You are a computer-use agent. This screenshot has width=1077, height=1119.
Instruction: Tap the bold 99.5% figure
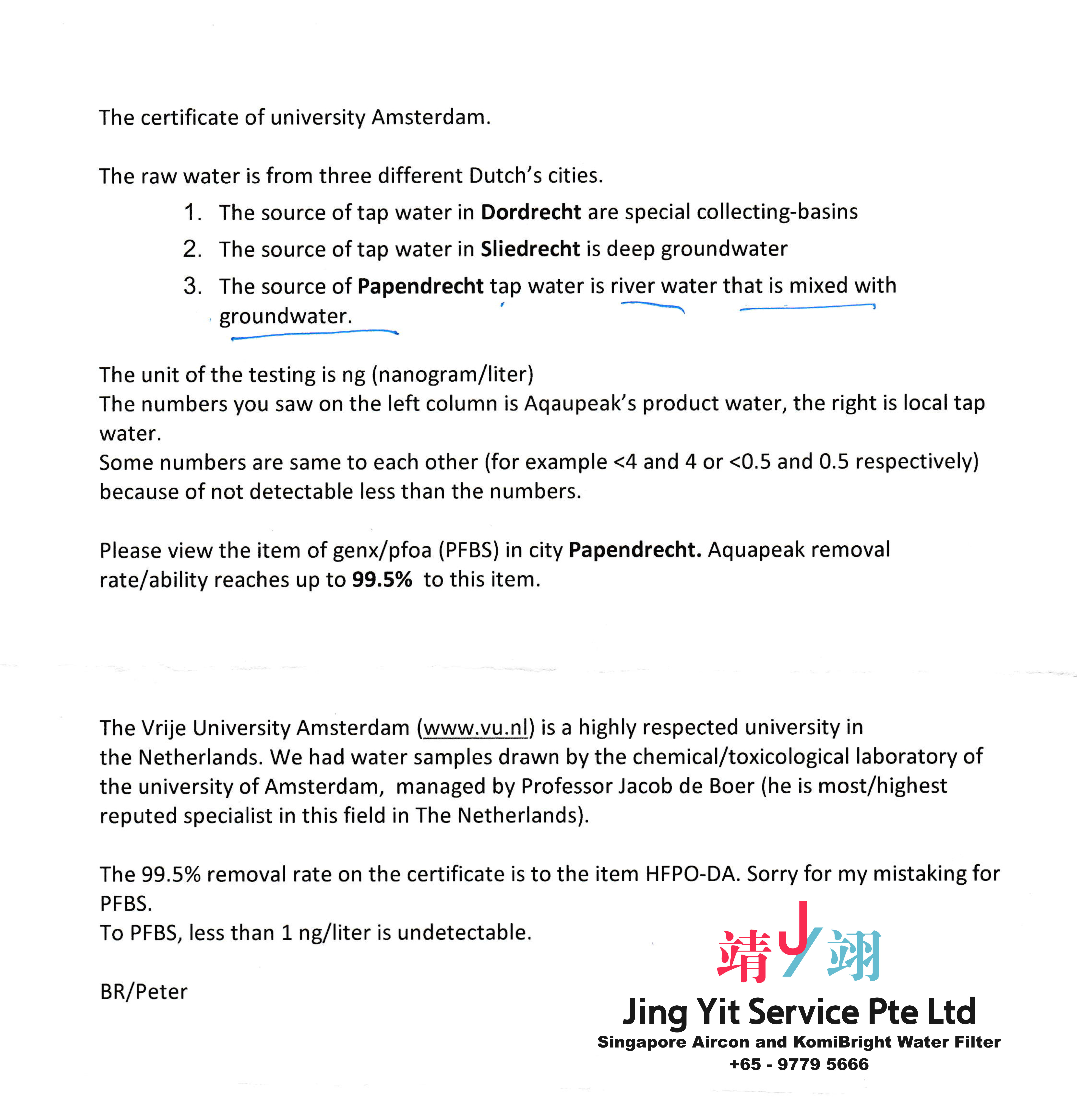[382, 579]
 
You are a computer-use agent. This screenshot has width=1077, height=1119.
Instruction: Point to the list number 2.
[192, 249]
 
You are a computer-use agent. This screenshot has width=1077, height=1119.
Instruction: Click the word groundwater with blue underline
[285, 316]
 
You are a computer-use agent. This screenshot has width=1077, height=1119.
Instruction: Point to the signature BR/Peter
[143, 992]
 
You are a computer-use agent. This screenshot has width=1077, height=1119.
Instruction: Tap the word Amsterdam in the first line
[430, 117]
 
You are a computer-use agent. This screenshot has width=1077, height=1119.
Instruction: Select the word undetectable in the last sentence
[464, 932]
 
